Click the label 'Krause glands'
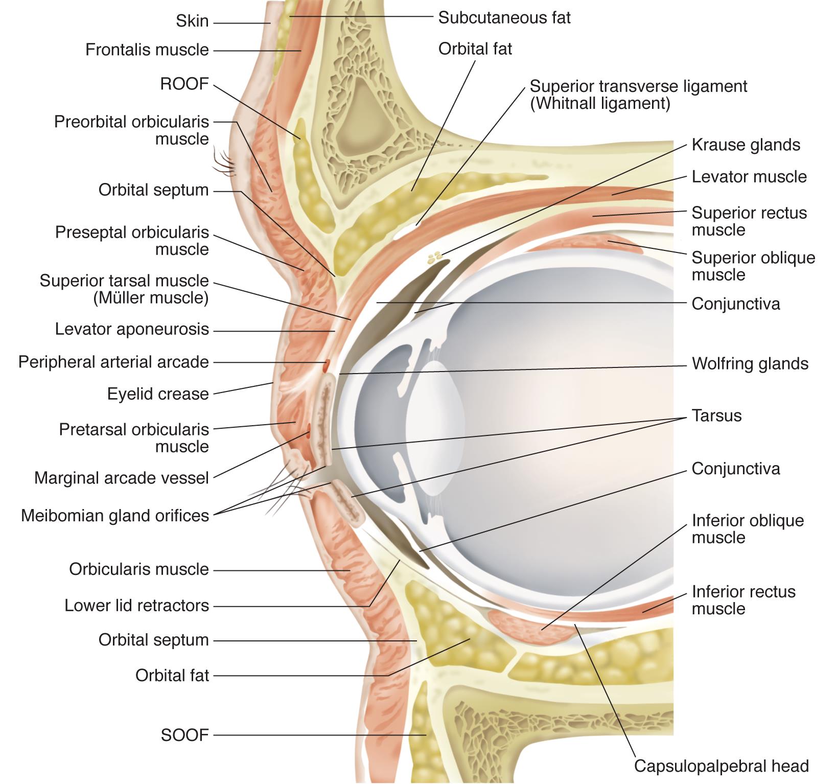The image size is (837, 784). (x=746, y=145)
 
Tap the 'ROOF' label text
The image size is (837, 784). (x=184, y=84)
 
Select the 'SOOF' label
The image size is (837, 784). (x=184, y=735)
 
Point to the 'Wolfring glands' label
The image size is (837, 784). (x=750, y=364)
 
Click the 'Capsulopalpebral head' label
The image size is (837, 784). (x=721, y=766)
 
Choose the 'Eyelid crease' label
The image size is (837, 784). (x=158, y=394)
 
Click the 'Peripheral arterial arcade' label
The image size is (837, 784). (x=113, y=362)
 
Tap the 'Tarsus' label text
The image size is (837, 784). (x=716, y=416)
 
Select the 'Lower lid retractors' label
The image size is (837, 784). (x=136, y=606)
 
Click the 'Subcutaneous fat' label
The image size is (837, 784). (x=504, y=18)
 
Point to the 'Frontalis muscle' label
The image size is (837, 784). (x=147, y=50)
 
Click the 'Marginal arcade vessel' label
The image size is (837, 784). (x=122, y=478)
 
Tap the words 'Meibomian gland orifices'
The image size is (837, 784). (x=115, y=516)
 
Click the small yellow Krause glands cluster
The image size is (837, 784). (x=435, y=257)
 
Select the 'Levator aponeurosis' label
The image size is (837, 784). (x=132, y=329)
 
